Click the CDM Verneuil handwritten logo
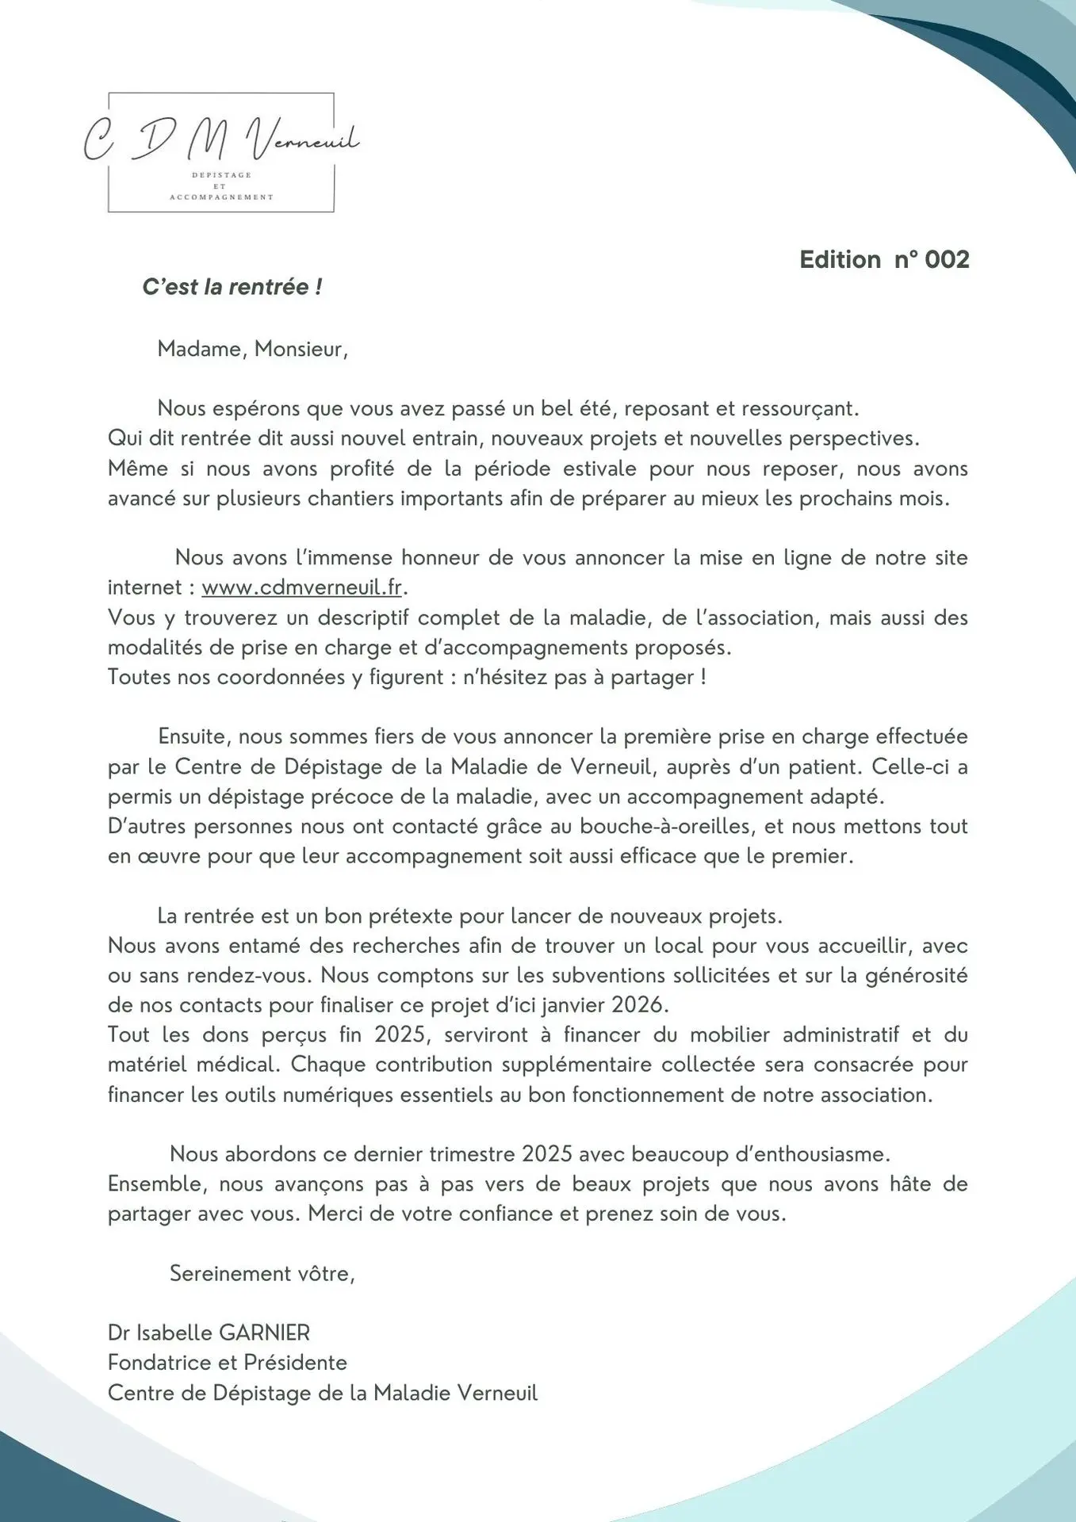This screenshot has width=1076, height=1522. pos(221,140)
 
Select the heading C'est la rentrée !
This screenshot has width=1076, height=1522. pos(232,287)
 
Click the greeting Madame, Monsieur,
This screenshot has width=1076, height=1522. pos(252,349)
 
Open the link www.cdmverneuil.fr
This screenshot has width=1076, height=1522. pos(302,587)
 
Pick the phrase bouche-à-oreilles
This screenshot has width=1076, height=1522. pos(664,826)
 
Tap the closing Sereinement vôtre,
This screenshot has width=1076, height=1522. pos(262,1273)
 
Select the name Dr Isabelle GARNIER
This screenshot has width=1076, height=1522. pos(209,1333)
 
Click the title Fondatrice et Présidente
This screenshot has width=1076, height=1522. pos(227,1363)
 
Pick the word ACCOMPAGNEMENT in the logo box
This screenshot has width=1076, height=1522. pos(221,197)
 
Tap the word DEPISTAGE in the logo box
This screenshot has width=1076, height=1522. pos(221,174)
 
